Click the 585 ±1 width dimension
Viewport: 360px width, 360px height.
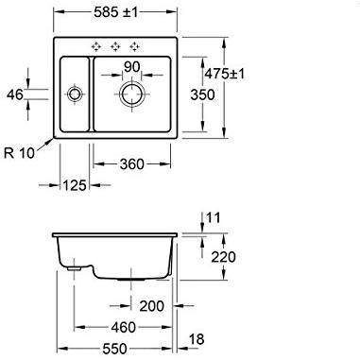coord(116,12)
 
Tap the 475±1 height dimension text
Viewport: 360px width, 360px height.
coord(224,74)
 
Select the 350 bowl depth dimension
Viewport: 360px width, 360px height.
coord(202,94)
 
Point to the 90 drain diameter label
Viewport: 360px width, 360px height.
coord(131,67)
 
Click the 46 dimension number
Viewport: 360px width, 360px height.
coord(15,94)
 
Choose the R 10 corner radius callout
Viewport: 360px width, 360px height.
coord(19,153)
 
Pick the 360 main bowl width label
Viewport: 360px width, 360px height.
coord(132,164)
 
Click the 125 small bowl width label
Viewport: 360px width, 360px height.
coord(75,185)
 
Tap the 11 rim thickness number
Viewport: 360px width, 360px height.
coord(214,218)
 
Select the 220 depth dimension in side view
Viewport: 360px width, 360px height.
coord(223,257)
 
